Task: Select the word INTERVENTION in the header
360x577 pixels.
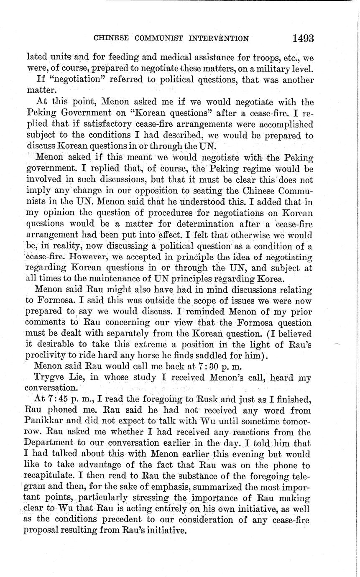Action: [219, 38]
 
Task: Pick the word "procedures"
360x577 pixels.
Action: [181, 213]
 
